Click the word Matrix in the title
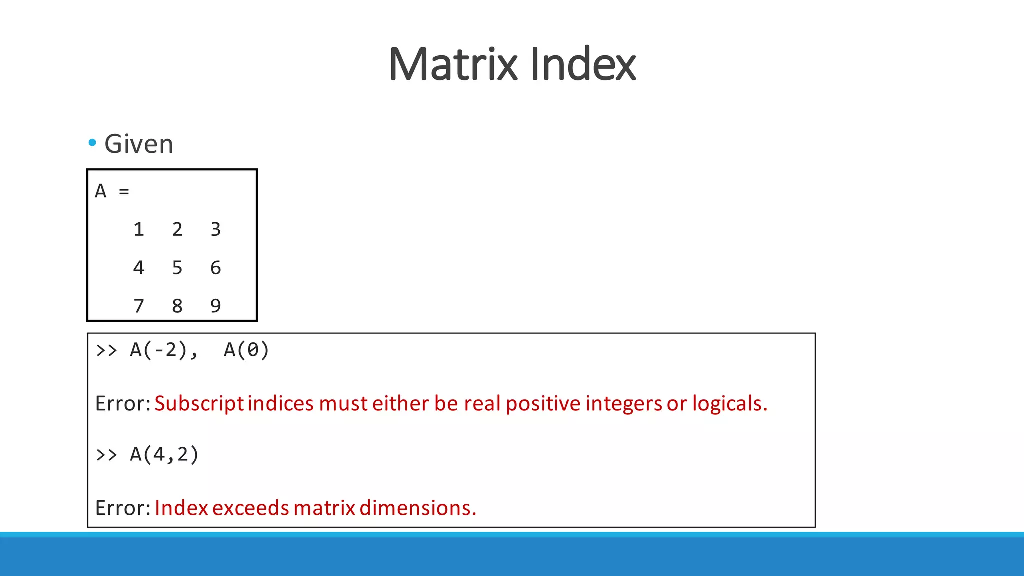(452, 64)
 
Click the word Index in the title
(582, 64)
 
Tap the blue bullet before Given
(92, 143)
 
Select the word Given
(139, 144)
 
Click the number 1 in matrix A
(139, 229)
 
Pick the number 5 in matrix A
(177, 268)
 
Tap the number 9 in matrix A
(215, 306)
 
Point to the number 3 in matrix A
(215, 229)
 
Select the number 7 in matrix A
(139, 306)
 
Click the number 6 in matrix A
(215, 268)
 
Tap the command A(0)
(246, 350)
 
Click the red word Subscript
(199, 404)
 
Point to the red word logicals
(729, 404)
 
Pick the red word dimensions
(417, 508)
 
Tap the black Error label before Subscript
(122, 404)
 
